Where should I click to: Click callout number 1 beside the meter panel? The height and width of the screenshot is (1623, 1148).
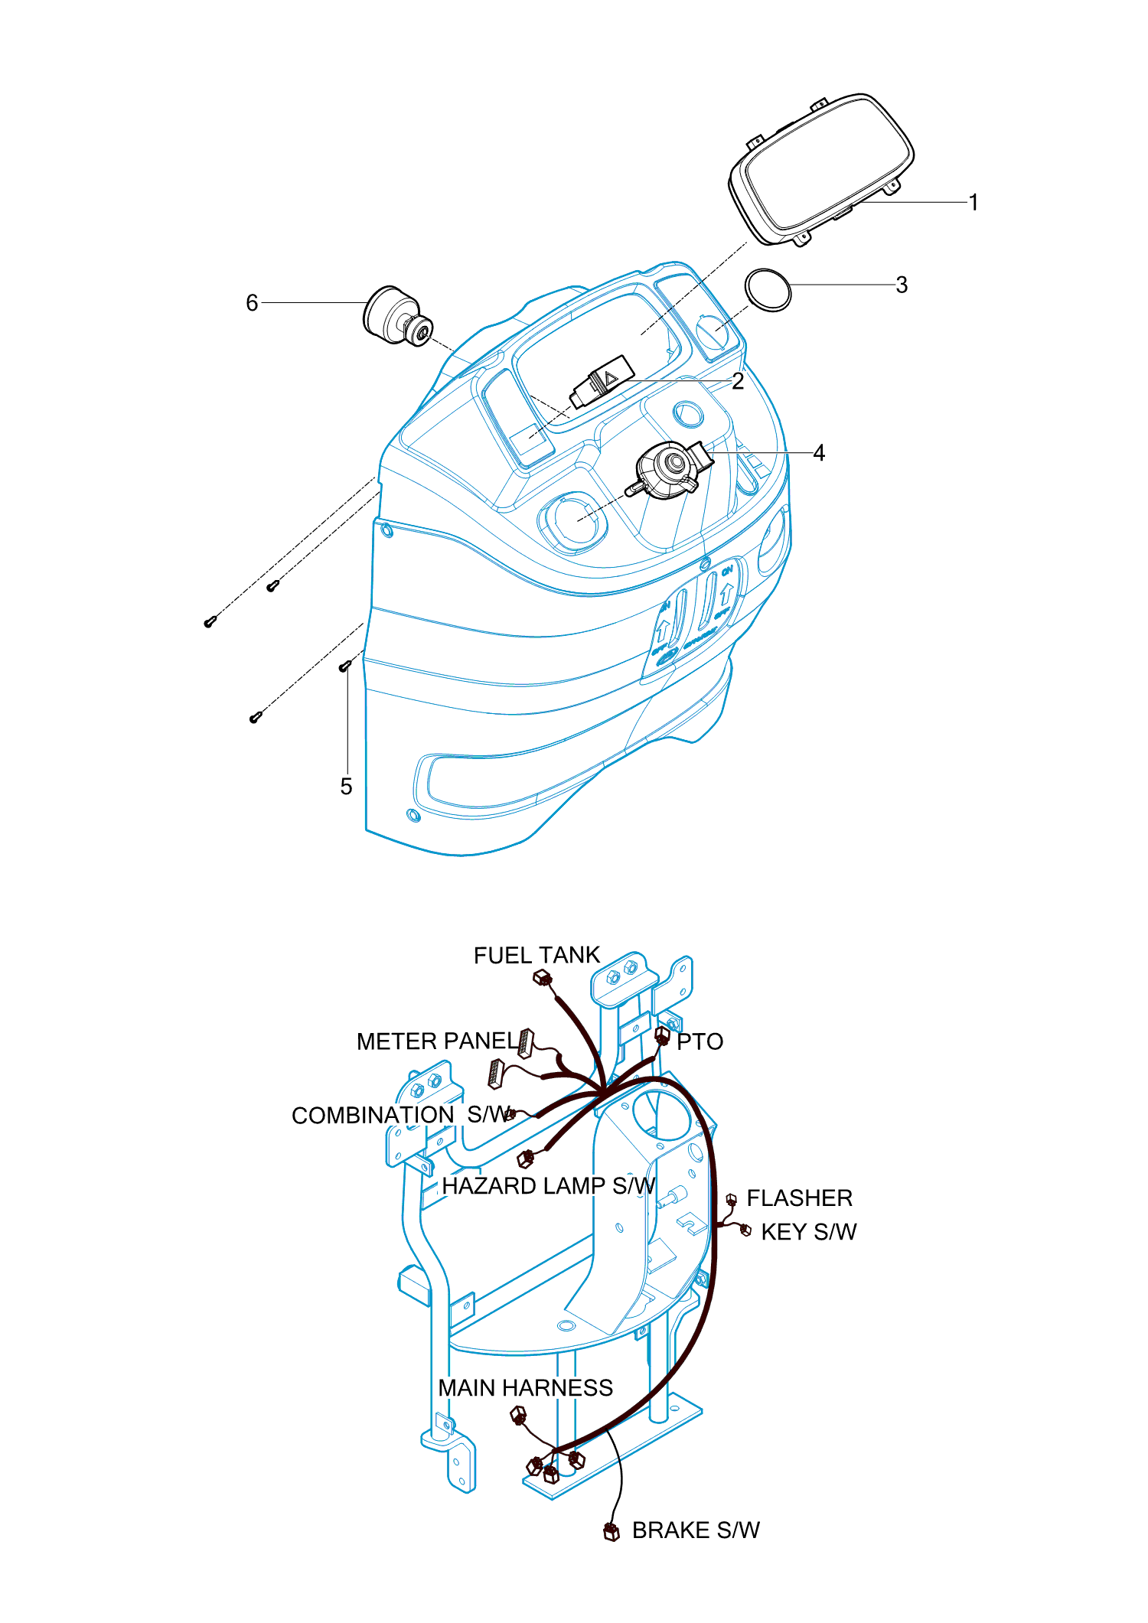tap(974, 203)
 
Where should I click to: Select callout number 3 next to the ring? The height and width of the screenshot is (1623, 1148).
tap(902, 285)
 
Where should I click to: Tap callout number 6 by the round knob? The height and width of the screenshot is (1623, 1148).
tap(252, 303)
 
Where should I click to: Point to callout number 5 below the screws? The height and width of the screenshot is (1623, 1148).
tap(346, 787)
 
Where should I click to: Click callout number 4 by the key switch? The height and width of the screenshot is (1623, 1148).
tap(819, 453)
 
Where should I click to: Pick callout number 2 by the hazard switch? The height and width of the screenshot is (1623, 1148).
tap(738, 381)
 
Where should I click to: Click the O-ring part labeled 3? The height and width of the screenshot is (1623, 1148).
tap(768, 290)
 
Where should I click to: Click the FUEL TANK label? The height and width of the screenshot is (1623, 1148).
tap(536, 956)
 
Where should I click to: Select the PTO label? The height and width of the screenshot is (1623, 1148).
tap(700, 1041)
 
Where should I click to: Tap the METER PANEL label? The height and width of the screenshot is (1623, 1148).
tap(437, 1041)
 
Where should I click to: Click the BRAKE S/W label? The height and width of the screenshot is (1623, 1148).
tap(696, 1530)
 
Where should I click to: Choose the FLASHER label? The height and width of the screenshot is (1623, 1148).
tap(799, 1198)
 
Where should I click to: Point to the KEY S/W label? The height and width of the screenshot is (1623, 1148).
tap(808, 1232)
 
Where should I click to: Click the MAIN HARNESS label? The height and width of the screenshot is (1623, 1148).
tap(525, 1388)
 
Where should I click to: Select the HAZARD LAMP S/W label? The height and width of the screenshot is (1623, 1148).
tap(549, 1186)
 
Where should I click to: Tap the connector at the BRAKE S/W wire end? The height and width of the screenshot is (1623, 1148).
tap(611, 1532)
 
